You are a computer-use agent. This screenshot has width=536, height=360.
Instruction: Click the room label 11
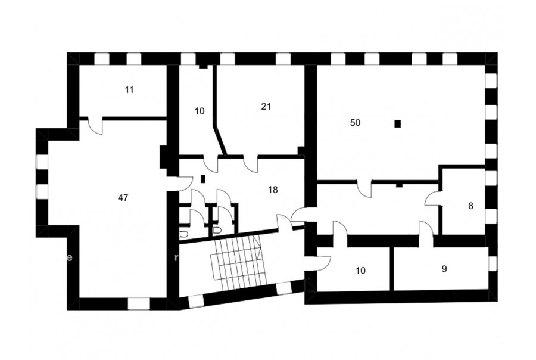(129, 90)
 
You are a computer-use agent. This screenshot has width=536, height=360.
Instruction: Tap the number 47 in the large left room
(123, 197)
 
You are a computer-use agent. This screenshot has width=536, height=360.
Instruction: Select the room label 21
(266, 107)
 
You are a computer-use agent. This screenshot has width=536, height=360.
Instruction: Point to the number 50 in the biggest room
(355, 123)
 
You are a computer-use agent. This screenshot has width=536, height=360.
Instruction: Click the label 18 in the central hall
(273, 190)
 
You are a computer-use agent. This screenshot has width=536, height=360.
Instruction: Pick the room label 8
(471, 206)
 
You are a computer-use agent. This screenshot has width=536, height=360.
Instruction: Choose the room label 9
(444, 269)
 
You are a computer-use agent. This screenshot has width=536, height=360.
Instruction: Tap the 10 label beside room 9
(361, 271)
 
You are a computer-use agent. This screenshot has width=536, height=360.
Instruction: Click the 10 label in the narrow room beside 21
(200, 111)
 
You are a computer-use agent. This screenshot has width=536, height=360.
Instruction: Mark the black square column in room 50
(398, 123)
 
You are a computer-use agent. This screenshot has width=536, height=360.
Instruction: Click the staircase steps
(237, 257)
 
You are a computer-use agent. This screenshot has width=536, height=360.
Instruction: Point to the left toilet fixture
(184, 234)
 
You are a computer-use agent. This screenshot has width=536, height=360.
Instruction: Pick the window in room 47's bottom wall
(139, 304)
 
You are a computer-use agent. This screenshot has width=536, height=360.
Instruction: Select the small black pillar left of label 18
(202, 179)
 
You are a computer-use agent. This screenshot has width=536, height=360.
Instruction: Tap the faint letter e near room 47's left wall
(70, 257)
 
